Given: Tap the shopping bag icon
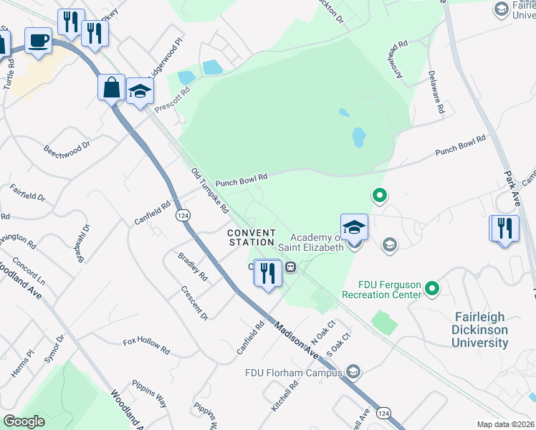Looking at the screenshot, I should click(x=112, y=87).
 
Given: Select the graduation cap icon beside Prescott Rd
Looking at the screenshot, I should click(x=140, y=92).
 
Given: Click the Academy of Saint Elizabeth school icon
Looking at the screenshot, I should click(x=354, y=227).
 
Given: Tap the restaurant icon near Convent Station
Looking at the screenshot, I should click(x=267, y=272).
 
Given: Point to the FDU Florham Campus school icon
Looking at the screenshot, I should click(x=353, y=371).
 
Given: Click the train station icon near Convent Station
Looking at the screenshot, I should click(x=291, y=267).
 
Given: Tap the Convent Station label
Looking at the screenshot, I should click(x=252, y=237).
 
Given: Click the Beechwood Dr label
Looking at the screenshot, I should click(x=67, y=150).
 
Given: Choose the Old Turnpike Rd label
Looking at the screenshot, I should click(x=210, y=191).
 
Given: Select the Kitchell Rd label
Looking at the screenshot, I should click(x=284, y=396).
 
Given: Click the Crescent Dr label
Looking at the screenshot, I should click(x=194, y=305).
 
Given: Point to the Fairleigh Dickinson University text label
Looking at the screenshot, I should click(x=480, y=330).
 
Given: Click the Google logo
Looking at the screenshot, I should click(x=24, y=421).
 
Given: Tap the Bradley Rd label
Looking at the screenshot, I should click(x=193, y=266).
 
